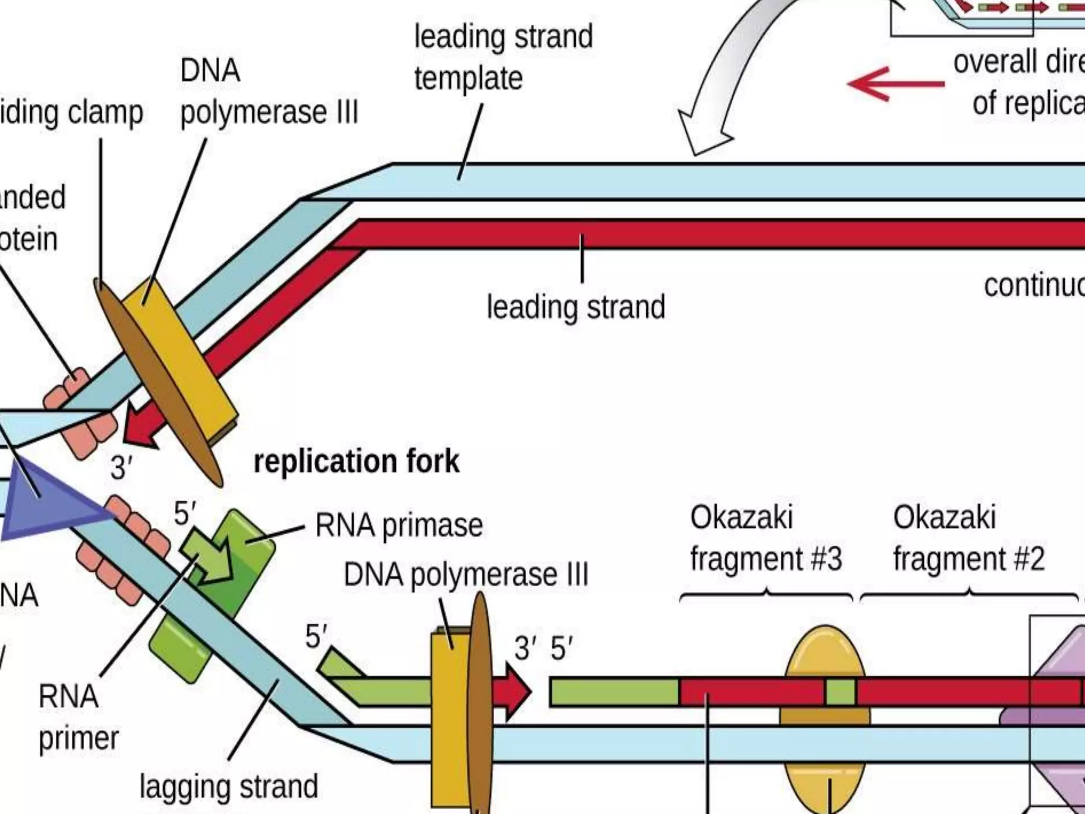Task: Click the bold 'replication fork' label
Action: click(x=356, y=462)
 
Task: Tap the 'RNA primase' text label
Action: click(x=399, y=526)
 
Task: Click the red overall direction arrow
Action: click(x=895, y=84)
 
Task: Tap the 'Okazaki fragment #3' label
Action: click(x=765, y=538)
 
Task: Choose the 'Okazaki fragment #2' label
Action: click(x=968, y=538)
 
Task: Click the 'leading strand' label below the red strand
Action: click(x=576, y=307)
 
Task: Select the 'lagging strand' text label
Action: click(x=228, y=786)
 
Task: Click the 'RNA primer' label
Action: click(x=78, y=717)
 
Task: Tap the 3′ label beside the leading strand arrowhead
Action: click(x=121, y=468)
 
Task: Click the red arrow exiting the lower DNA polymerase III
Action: click(x=511, y=692)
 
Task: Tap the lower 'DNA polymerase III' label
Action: click(x=466, y=575)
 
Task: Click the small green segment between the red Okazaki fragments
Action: click(x=840, y=692)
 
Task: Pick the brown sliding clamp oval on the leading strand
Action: click(x=159, y=382)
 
